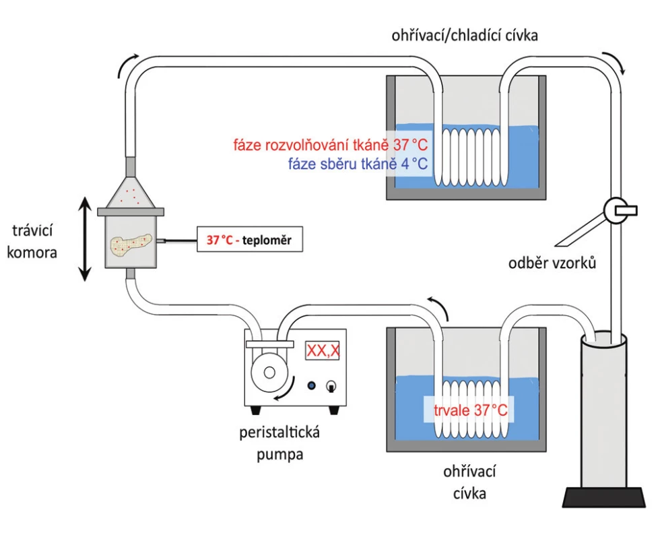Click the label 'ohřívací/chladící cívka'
(465, 36)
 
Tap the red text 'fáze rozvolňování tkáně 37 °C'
(331, 145)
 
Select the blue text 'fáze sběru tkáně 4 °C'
(358, 164)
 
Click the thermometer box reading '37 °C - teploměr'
(250, 239)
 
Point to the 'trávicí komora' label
(32, 242)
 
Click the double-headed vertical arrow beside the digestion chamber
(85, 239)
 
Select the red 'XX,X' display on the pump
(323, 350)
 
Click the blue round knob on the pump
(312, 385)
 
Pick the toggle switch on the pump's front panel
(331, 385)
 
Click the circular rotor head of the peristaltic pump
(269, 373)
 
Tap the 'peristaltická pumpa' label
(279, 443)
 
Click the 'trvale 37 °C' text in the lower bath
(470, 410)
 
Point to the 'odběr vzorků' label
(552, 263)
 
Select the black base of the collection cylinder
(604, 497)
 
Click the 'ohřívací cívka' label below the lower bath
(469, 482)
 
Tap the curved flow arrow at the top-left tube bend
(127, 65)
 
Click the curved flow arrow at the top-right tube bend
(614, 63)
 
